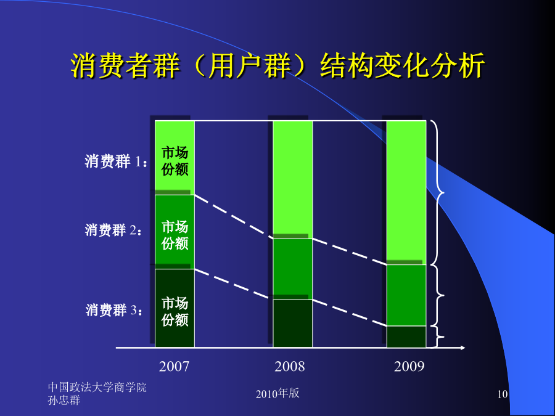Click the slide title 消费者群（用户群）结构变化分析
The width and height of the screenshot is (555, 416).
click(277, 66)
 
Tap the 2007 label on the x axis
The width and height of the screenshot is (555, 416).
click(174, 367)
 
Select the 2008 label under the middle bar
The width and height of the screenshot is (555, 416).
click(290, 367)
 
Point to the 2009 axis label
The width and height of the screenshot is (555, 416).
click(409, 367)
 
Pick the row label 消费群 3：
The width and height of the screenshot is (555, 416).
click(115, 310)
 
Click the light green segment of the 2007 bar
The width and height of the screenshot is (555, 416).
click(175, 158)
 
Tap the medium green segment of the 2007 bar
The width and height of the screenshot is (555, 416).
click(175, 232)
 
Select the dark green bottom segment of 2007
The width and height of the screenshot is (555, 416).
click(175, 308)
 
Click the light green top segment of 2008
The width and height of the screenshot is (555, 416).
click(293, 180)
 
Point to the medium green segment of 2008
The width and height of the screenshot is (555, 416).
click(293, 269)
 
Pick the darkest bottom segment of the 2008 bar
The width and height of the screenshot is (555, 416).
click(293, 324)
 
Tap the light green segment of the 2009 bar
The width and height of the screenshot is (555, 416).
click(406, 193)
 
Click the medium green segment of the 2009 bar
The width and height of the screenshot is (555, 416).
click(406, 295)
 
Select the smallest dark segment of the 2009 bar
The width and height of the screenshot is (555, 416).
click(406, 336)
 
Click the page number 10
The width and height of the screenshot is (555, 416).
click(503, 394)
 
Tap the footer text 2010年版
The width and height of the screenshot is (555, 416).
click(277, 393)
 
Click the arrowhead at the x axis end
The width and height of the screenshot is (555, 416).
click(462, 348)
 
